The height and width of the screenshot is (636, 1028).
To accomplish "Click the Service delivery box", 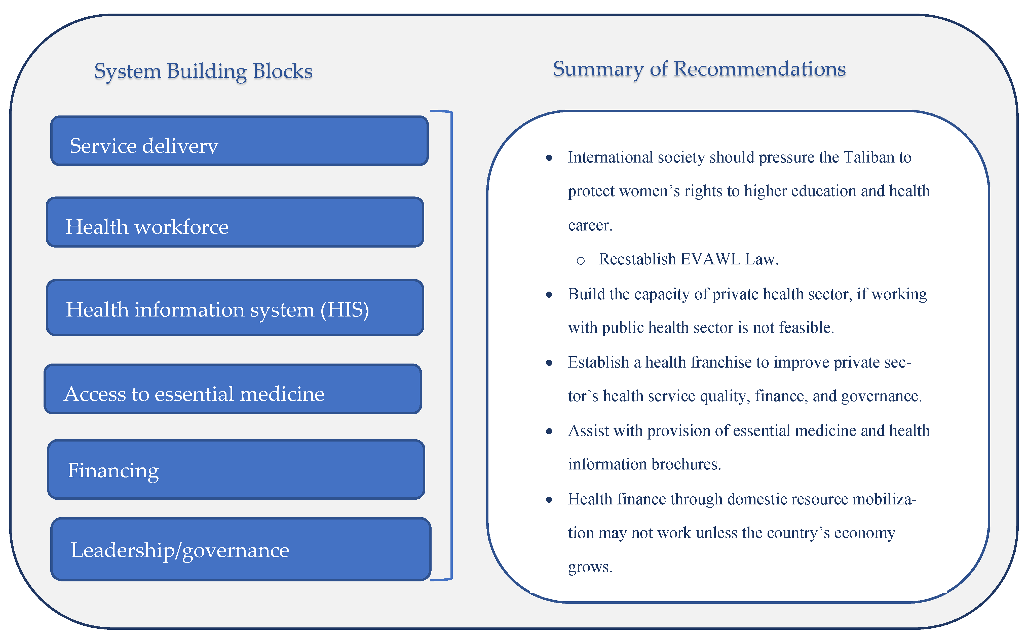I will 239,141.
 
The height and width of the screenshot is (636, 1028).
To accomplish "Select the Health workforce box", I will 235,222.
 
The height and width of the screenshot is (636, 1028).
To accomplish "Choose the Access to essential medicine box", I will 233,389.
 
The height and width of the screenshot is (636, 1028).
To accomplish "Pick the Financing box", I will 236,469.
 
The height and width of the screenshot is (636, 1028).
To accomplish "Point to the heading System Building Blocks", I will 203,71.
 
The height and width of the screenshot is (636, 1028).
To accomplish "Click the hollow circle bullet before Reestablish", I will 581,261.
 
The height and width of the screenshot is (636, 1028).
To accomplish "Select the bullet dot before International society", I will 549,158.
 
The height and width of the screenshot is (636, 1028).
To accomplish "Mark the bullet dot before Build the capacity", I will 549,295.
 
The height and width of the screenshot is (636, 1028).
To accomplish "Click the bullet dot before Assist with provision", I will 549,431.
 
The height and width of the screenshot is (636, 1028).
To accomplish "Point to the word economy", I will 864,533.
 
